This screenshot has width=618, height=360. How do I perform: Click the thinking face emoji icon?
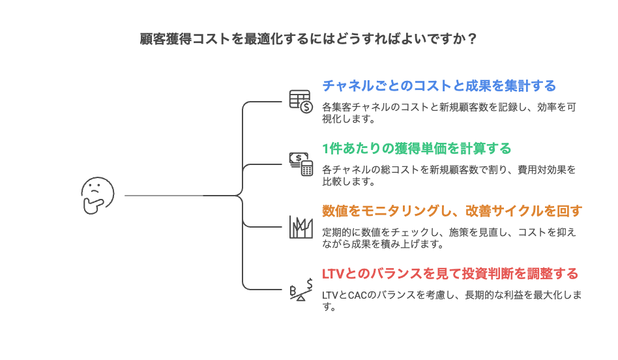coord(97,196)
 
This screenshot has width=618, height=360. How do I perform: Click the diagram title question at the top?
coord(308,38)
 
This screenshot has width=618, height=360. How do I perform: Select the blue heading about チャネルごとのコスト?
coord(439,85)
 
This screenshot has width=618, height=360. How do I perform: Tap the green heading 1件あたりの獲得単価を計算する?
coord(417,148)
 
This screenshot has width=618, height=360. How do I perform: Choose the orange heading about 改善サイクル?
coord(452,211)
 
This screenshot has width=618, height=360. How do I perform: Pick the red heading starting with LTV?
coord(450,273)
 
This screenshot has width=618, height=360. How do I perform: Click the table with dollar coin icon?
coord(301,101)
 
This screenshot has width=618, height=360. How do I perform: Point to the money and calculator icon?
coord(301,164)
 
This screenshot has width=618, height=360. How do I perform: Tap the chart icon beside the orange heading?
coord(301,226)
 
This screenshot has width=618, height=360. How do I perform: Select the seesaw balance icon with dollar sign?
coord(301,289)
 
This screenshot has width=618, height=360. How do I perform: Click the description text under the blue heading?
coord(449,112)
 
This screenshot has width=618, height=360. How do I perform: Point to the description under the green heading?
coord(449,175)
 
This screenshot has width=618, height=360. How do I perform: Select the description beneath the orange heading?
coord(449,237)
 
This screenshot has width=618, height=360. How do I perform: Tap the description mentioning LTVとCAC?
coord(452,300)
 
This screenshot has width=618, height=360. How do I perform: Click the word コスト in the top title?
coord(208,38)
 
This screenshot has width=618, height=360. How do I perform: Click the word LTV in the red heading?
coord(333,273)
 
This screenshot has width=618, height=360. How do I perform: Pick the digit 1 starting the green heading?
coord(325,148)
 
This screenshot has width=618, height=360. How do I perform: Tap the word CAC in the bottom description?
coord(357,295)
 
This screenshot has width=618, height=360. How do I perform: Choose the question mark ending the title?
coord(472,38)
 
